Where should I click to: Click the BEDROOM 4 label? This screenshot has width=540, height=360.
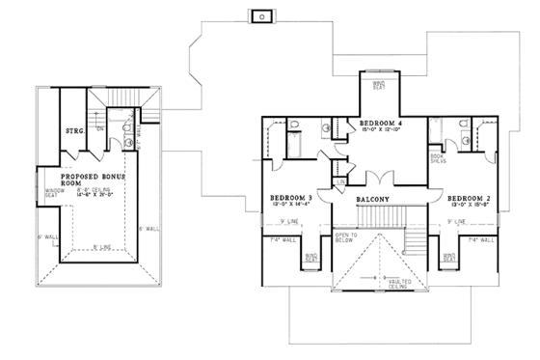pos(382,125)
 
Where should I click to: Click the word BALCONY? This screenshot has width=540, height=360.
pos(373,201)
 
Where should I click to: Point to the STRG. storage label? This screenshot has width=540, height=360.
pos(73,129)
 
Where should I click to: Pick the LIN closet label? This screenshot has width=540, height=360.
pos(342,181)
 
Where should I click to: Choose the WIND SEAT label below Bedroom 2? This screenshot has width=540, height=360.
pos(450,258)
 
